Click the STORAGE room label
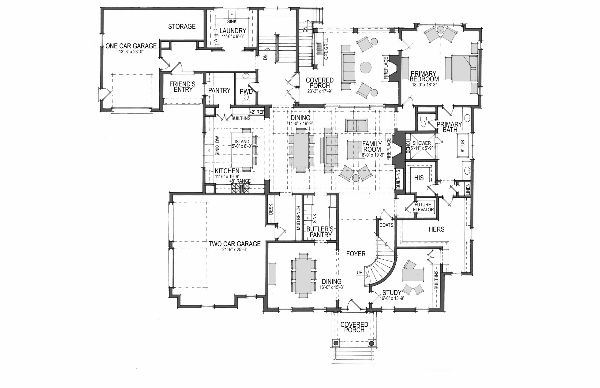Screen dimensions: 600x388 182,26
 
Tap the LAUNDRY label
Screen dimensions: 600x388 233,31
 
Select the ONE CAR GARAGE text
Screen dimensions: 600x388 131,46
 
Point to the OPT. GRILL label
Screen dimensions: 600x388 326,49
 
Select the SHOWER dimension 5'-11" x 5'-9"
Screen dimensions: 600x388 422,148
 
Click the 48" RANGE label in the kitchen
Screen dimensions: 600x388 240,181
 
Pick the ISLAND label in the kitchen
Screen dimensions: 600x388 242,142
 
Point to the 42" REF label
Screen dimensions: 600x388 257,112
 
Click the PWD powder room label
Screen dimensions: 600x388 246,91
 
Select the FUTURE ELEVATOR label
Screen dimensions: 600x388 423,207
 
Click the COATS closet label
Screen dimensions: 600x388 386,225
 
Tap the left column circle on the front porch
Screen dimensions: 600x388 335,343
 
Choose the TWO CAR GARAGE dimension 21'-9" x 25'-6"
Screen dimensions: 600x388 235,250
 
